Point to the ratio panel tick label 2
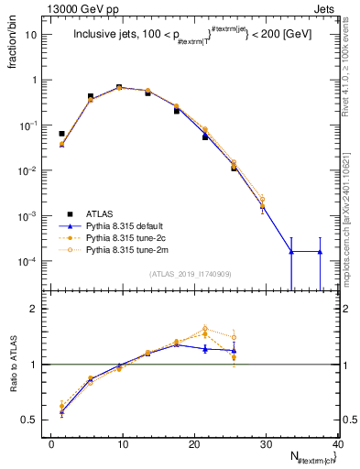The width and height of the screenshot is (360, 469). tap(32, 309)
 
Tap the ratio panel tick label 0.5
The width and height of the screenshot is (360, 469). tap(28, 420)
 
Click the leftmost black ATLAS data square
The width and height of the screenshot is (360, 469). tap(61, 134)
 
